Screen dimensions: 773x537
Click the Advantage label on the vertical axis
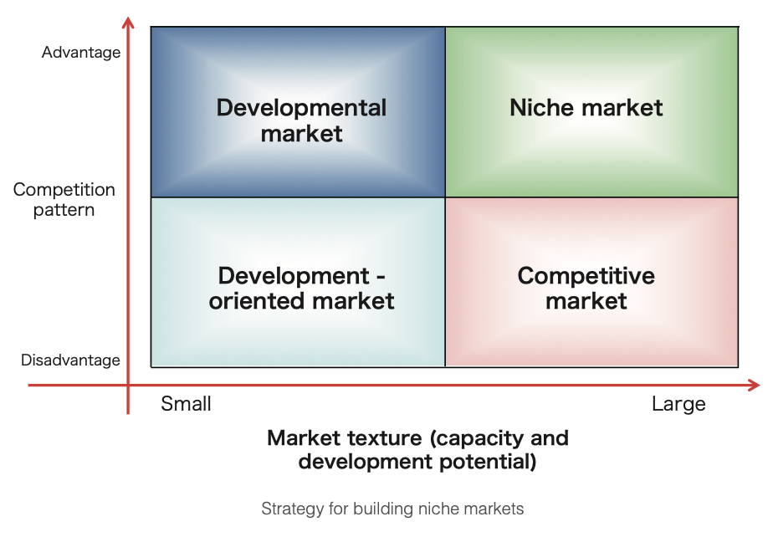(x=81, y=52)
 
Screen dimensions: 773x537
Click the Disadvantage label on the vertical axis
(x=70, y=360)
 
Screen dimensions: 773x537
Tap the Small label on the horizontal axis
(x=186, y=403)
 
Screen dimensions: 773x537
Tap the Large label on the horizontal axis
(x=678, y=404)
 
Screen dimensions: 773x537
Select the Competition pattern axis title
(x=64, y=199)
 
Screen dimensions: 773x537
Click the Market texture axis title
(x=417, y=450)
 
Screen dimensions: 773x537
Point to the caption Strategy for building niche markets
(x=392, y=509)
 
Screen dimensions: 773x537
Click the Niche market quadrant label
(x=586, y=108)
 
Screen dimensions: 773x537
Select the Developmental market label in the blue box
(x=301, y=120)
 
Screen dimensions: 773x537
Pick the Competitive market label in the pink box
(x=586, y=288)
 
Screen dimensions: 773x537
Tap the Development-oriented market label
(x=301, y=288)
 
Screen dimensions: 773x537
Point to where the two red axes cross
(x=128, y=385)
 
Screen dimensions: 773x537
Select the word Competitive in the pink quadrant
(x=586, y=276)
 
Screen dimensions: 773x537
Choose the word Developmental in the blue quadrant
(x=301, y=108)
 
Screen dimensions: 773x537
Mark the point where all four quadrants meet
(x=445, y=197)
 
